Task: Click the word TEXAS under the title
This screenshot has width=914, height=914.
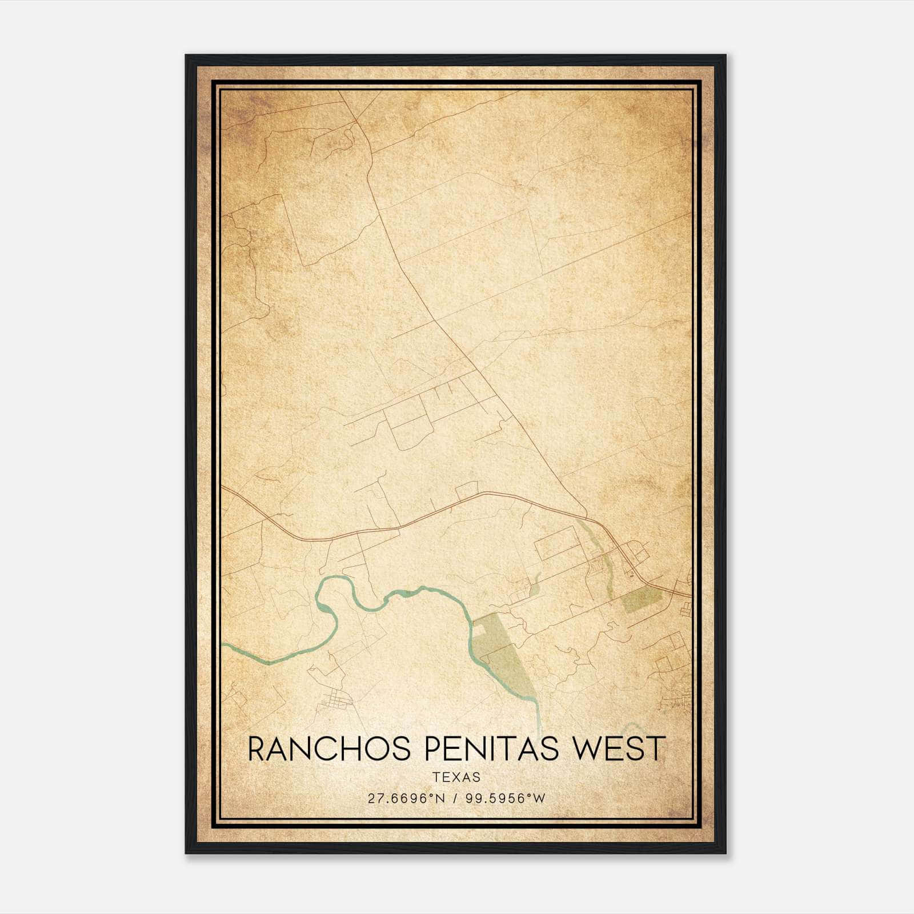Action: coord(456,777)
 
